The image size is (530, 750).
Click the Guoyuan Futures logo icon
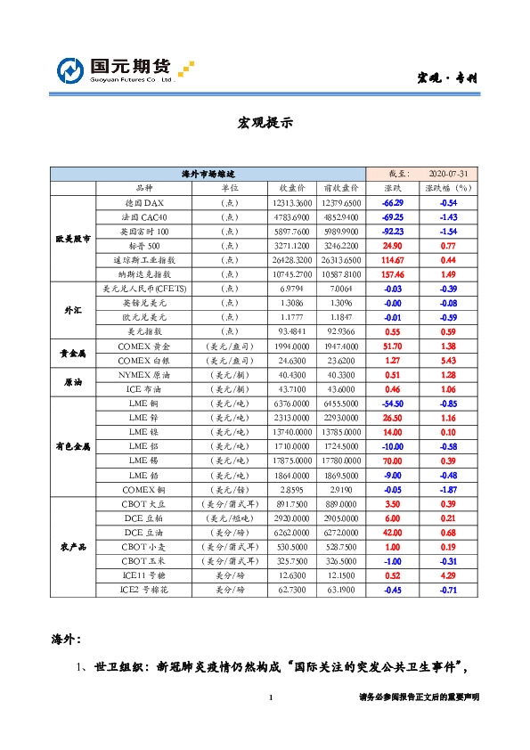coord(71,69)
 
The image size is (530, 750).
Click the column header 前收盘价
coord(341,189)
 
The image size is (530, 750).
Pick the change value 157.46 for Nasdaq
coord(393,273)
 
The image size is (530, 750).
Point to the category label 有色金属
coord(73,445)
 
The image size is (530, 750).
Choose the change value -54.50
coord(393,403)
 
